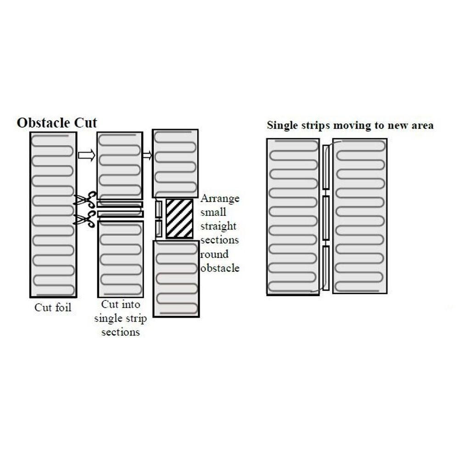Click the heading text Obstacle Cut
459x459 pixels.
pyautogui.click(x=57, y=123)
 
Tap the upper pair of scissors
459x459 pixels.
pyautogui.click(x=85, y=201)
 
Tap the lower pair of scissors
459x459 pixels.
pyautogui.click(x=85, y=219)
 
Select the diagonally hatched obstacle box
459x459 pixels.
pyautogui.click(x=179, y=218)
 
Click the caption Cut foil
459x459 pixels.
pyautogui.click(x=53, y=308)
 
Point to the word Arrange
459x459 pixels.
pyautogui.click(x=220, y=199)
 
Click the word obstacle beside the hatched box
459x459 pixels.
pyautogui.click(x=220, y=268)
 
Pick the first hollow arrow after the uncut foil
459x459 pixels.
pyautogui.click(x=86, y=155)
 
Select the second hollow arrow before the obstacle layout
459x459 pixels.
pyautogui.click(x=147, y=155)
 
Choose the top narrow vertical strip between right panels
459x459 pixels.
pyautogui.click(x=326, y=167)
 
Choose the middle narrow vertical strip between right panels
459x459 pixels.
pyautogui.click(x=326, y=218)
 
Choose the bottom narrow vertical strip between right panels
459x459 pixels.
pyautogui.click(x=326, y=268)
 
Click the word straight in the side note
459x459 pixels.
pyautogui.click(x=219, y=226)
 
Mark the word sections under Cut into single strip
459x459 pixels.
pyautogui.click(x=120, y=332)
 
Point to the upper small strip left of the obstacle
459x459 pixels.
pyautogui.click(x=159, y=209)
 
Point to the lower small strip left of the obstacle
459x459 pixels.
pyautogui.click(x=159, y=228)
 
